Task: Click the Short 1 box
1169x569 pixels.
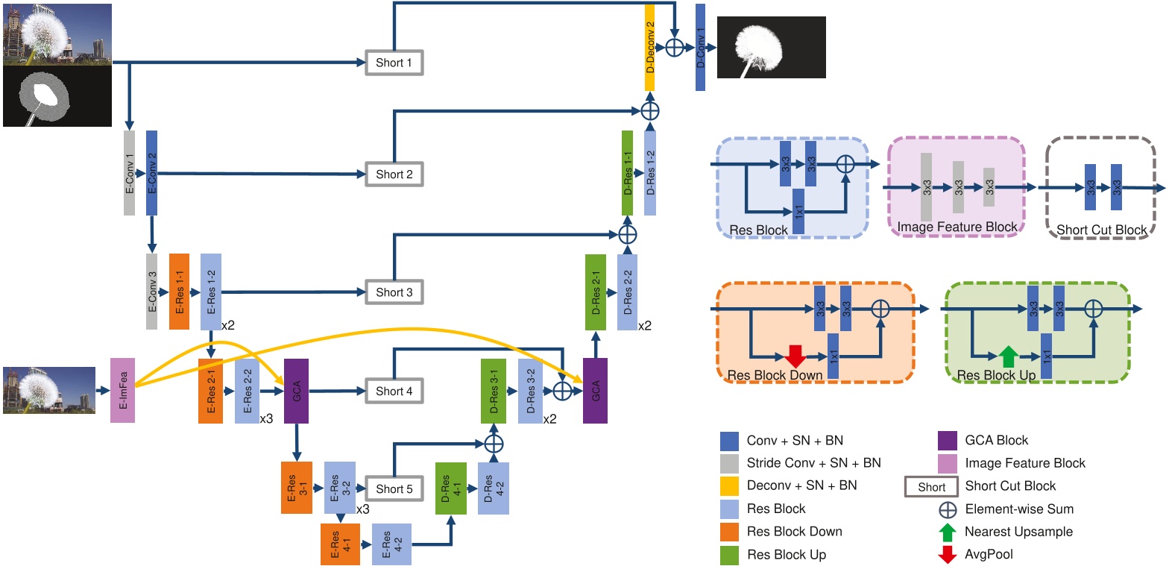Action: click(x=394, y=63)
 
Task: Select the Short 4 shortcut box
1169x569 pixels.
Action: click(x=394, y=391)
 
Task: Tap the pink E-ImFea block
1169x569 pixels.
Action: click(x=122, y=390)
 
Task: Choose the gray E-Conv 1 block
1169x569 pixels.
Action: click(x=129, y=173)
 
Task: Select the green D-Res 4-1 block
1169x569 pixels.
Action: click(x=451, y=488)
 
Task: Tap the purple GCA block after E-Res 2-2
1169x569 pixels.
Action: click(x=296, y=390)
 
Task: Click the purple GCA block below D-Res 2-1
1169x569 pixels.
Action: click(x=595, y=390)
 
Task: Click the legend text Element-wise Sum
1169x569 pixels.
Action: click(x=1019, y=509)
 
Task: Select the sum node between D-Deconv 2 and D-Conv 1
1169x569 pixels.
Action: click(x=675, y=48)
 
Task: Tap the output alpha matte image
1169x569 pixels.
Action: click(x=771, y=47)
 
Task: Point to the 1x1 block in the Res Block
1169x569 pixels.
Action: click(x=798, y=211)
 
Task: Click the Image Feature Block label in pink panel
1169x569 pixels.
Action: click(x=957, y=227)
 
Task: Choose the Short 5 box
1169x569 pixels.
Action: click(x=394, y=488)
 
